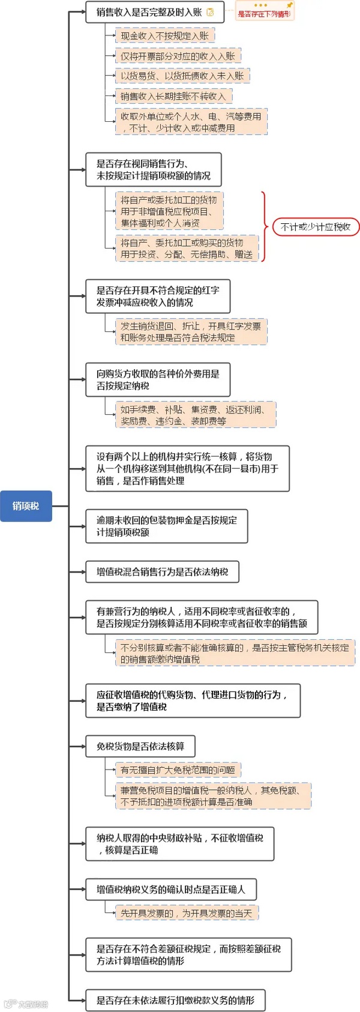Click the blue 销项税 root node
(26, 505)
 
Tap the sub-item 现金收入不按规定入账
(164, 36)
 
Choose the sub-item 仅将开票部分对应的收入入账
(178, 56)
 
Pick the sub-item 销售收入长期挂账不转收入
(173, 96)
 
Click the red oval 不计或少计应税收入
(316, 227)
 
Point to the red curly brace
(264, 227)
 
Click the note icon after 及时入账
(210, 12)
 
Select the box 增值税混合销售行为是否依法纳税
(162, 572)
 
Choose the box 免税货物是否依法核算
(140, 746)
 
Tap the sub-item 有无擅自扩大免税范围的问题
(178, 770)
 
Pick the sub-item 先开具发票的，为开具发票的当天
(187, 913)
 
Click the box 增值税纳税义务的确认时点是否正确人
(171, 890)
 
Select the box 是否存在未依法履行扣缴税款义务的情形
(175, 1000)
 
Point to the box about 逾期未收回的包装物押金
(166, 526)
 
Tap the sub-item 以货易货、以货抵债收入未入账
(182, 76)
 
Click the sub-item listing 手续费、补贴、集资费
(196, 415)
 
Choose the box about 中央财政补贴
(179, 844)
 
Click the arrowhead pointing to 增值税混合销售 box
(83, 572)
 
